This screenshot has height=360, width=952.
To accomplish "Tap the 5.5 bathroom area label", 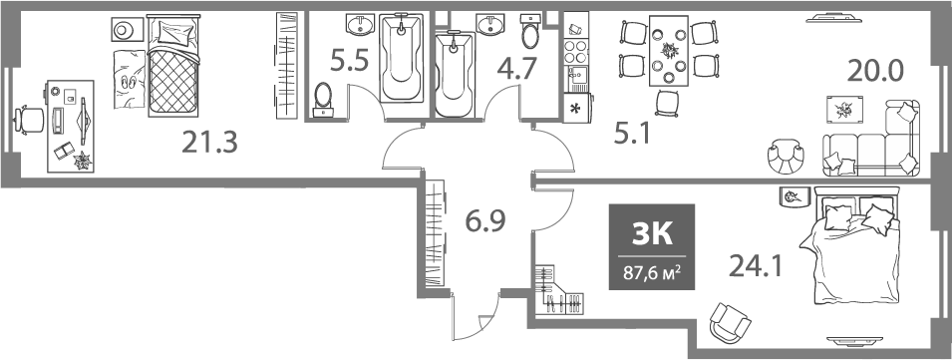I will [x=349, y=62].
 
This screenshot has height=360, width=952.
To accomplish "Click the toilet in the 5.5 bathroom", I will [x=323, y=98].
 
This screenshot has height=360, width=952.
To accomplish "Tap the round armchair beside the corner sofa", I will [x=786, y=156].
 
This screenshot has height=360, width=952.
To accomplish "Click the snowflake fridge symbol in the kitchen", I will [x=575, y=108].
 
